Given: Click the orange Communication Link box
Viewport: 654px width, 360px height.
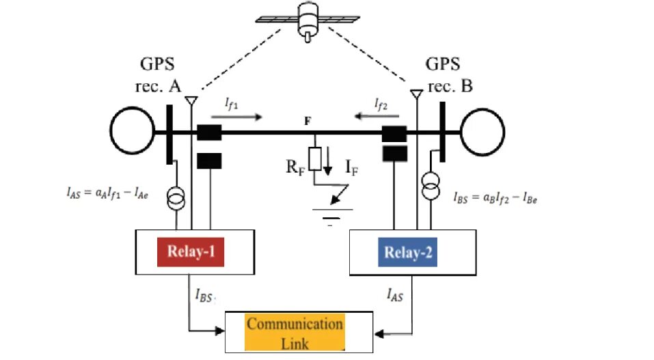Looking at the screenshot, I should (295, 332).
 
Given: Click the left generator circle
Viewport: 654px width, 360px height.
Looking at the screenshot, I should (133, 130).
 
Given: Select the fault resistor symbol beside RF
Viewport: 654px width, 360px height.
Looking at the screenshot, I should (315, 159).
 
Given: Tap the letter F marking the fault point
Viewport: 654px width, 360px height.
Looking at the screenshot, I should (308, 121).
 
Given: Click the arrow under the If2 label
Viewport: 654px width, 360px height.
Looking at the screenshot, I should (374, 117).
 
